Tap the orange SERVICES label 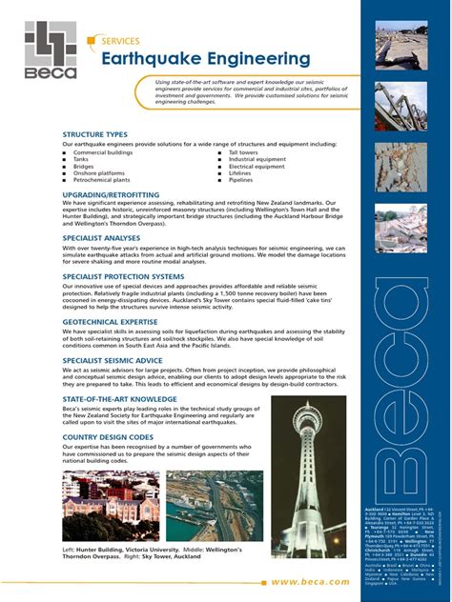[x=119, y=41]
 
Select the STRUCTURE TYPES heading [x=95, y=134]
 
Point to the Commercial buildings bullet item [x=103, y=152]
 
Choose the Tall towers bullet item [x=243, y=152]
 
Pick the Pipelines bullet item [x=241, y=179]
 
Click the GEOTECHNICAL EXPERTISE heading [x=109, y=323]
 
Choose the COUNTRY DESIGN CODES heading [x=109, y=437]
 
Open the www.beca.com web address [x=310, y=580]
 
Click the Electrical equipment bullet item [x=257, y=166]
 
